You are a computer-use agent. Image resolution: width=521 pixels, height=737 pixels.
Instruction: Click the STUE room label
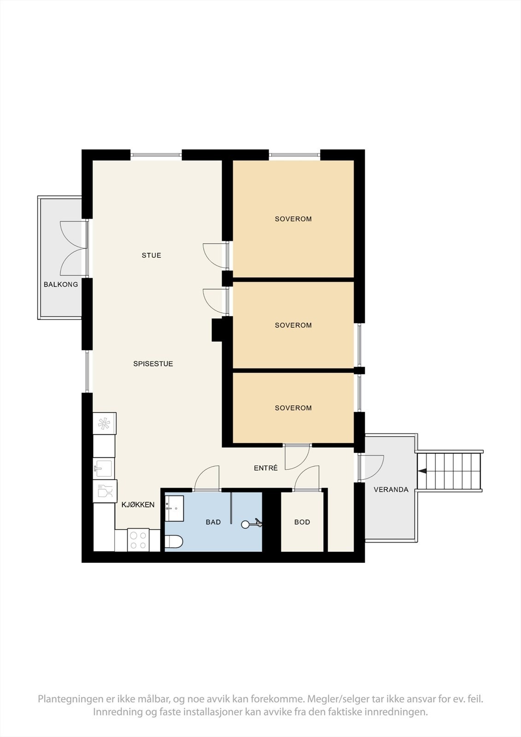point(152,255)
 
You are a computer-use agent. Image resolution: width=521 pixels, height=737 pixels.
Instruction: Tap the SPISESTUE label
point(153,364)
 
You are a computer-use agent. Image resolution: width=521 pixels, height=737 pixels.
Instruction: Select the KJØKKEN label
point(138,505)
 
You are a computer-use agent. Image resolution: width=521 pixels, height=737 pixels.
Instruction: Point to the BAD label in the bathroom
point(213,522)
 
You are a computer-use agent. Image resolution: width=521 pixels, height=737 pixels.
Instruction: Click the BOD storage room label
point(302,522)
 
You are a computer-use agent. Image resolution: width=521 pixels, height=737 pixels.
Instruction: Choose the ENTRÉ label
point(266,468)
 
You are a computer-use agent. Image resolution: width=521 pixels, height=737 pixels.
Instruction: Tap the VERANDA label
point(391,490)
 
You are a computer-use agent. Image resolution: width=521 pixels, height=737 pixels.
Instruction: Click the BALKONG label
point(61,284)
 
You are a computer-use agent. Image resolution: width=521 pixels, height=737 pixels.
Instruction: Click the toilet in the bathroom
point(174,542)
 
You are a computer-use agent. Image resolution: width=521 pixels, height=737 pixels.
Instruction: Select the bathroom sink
point(174,509)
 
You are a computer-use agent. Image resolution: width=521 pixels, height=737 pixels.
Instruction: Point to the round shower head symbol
point(246,525)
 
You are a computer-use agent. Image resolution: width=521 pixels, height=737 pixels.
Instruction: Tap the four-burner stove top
point(138,540)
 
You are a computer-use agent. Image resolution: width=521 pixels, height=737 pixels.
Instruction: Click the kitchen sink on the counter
point(104,468)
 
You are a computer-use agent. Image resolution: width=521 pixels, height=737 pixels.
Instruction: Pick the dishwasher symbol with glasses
point(105,491)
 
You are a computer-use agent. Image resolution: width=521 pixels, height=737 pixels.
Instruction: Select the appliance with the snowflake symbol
point(105,424)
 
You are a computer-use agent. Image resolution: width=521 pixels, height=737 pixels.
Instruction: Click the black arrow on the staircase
point(422,472)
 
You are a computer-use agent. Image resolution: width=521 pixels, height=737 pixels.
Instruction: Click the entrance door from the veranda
point(372,467)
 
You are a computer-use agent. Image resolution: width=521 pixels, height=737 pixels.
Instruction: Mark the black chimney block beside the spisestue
point(217,330)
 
